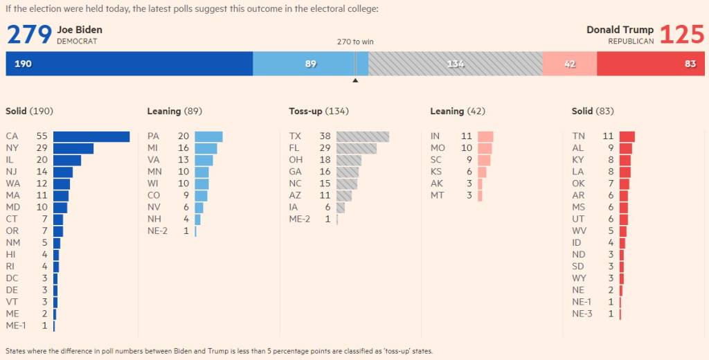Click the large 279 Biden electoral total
(x=30, y=35)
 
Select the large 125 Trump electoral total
(x=682, y=35)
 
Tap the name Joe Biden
(x=80, y=30)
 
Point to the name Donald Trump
(x=620, y=30)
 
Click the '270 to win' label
(x=355, y=42)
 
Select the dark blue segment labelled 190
(x=129, y=64)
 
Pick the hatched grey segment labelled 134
(x=455, y=64)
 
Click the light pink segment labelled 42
(x=569, y=64)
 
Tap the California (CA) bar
(x=91, y=136)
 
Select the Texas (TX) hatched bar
(x=362, y=136)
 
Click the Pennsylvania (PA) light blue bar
(x=208, y=136)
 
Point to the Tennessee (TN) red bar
(x=627, y=136)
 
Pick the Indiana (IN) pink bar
(x=485, y=136)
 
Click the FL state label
(x=294, y=148)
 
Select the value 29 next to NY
(x=42, y=148)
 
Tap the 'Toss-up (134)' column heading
(x=318, y=111)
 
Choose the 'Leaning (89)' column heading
(x=174, y=111)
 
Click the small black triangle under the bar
(x=355, y=80)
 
